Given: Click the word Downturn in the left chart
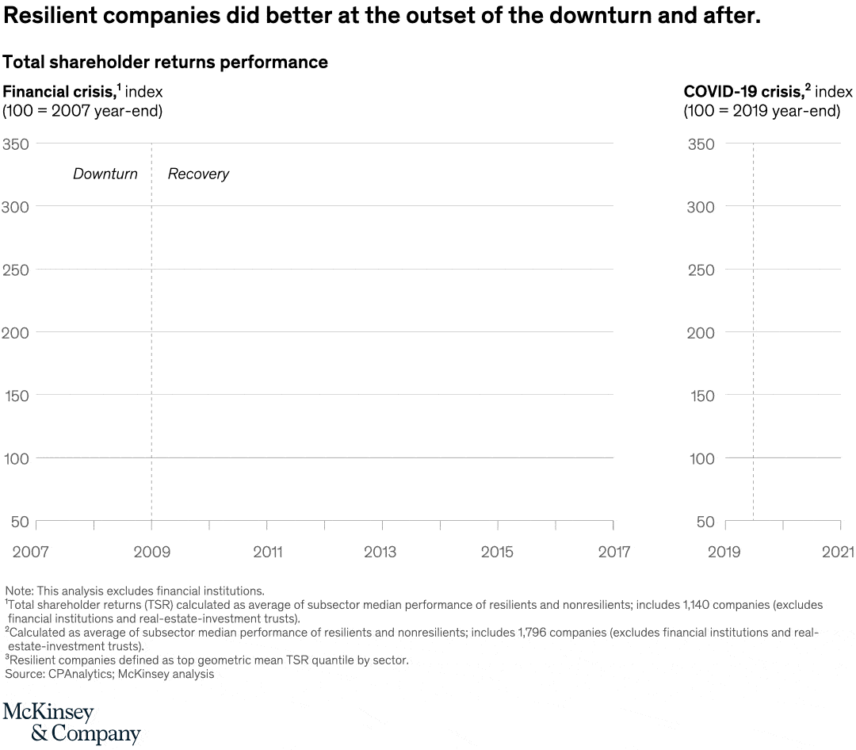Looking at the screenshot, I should (x=105, y=174).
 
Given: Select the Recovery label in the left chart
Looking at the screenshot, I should (x=198, y=174).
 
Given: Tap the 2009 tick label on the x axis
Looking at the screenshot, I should (x=151, y=553).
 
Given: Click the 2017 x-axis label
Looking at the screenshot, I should (x=614, y=553).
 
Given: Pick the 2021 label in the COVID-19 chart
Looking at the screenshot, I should (x=839, y=553).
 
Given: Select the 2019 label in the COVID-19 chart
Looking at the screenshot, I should (x=723, y=553).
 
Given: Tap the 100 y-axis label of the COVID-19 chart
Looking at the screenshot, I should (x=700, y=459).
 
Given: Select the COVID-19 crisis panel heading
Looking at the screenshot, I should (x=742, y=91).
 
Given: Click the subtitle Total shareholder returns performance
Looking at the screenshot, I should (x=166, y=62).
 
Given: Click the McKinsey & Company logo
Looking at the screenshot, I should (x=71, y=722).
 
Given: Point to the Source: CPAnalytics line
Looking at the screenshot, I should (x=109, y=674).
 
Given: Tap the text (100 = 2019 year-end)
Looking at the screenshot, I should (x=762, y=111).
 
